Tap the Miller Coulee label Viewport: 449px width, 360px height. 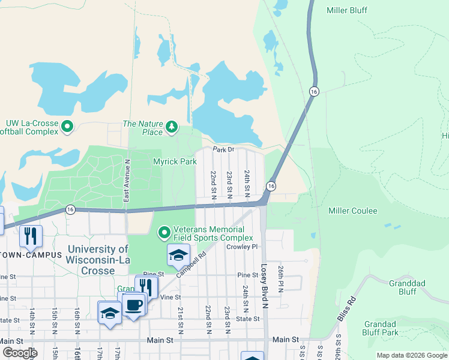tap(352, 211)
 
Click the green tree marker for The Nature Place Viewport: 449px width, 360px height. tap(172, 127)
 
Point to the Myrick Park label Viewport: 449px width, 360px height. tap(175, 161)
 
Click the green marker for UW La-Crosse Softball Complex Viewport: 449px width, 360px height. tap(67, 127)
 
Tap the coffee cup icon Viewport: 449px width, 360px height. tap(134, 305)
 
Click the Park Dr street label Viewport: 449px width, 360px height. tap(222, 149)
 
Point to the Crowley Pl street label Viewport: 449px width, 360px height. tap(241, 247)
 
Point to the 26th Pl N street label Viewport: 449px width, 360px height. tap(280, 277)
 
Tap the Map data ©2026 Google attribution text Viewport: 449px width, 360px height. tap(412, 355)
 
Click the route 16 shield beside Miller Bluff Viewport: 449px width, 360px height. tap(314, 91)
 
